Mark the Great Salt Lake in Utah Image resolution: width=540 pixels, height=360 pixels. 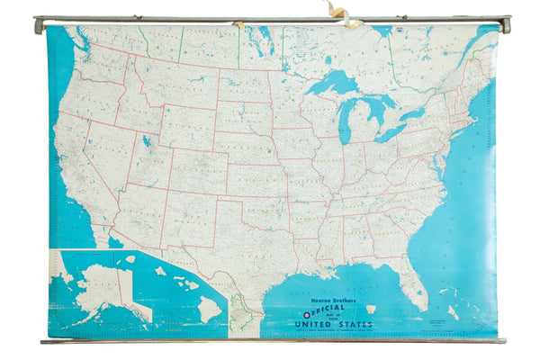(147, 141)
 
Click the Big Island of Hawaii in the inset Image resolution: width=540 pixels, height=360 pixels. (210, 308)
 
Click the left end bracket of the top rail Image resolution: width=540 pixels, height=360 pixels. (39, 24)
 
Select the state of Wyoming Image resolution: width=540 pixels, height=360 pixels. (184, 130)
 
